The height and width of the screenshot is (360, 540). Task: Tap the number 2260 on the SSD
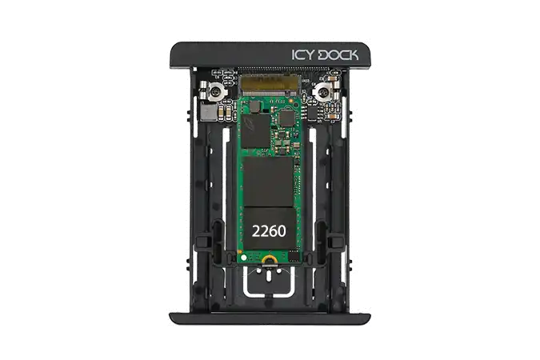(x=269, y=231)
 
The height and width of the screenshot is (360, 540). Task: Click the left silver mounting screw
(x=216, y=92)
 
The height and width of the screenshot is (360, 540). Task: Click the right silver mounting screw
(x=324, y=92)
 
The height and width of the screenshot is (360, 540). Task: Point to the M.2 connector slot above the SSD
(x=270, y=86)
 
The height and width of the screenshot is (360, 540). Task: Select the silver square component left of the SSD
(x=208, y=113)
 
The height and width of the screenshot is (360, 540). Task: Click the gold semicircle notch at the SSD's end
(x=268, y=259)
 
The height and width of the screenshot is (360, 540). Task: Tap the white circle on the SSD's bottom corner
(x=244, y=258)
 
